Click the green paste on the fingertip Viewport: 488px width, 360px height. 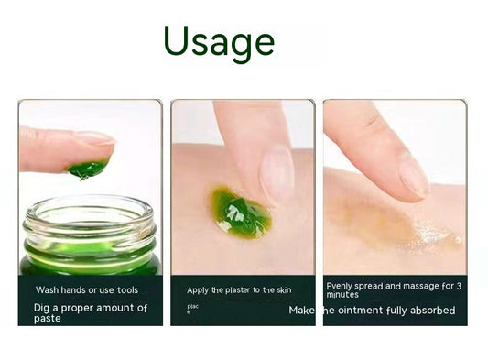(x=88, y=168)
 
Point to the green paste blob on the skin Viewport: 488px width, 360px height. (x=241, y=212)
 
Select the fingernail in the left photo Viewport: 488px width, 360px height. (x=95, y=138)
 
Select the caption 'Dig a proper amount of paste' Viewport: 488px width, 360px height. (x=90, y=313)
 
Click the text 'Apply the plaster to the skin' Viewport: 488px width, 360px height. (x=239, y=289)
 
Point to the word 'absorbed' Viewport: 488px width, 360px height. (x=429, y=311)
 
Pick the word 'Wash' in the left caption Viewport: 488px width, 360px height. (x=45, y=289)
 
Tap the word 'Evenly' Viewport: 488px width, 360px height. (x=342, y=286)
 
